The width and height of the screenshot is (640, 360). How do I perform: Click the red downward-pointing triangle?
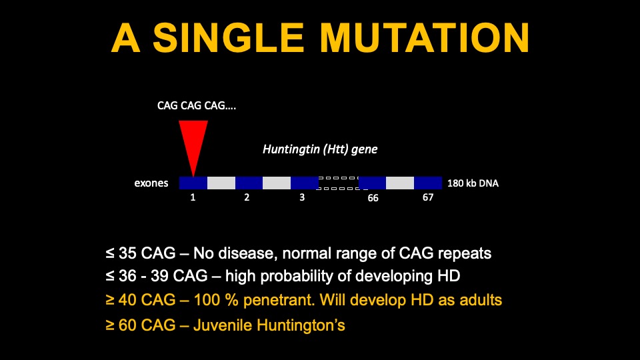[193, 143]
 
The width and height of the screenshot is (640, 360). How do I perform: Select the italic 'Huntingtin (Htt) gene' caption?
[320, 149]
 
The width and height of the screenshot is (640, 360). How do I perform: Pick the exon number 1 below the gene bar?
[193, 198]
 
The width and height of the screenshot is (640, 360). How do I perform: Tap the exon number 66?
[373, 199]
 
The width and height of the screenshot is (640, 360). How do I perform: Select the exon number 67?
[427, 198]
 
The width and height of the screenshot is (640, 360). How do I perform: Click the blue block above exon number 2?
[249, 183]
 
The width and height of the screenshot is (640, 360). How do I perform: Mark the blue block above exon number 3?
[305, 183]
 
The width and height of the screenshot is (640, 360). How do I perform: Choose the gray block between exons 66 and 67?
[400, 183]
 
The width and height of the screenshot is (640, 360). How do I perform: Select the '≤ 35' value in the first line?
[120, 253]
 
